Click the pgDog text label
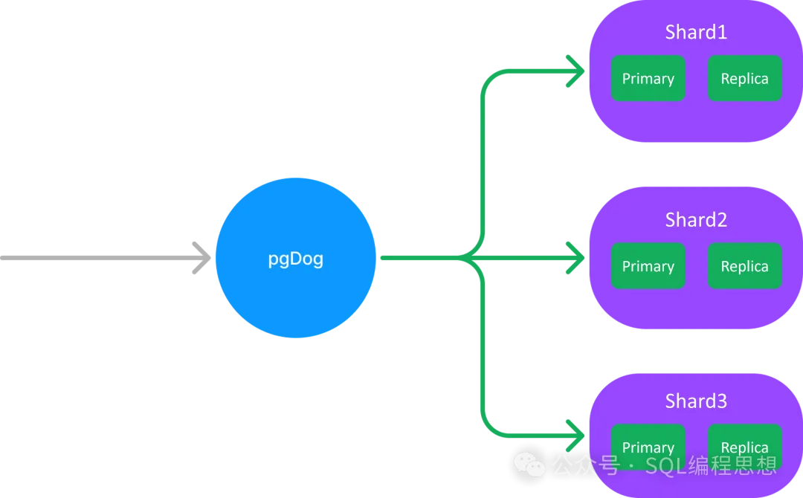[295, 260]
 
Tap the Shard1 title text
[696, 33]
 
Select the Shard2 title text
[696, 220]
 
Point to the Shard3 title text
[696, 401]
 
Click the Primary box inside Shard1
[648, 79]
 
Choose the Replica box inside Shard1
[744, 79]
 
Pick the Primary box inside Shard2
[648, 266]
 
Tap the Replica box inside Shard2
[744, 266]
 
